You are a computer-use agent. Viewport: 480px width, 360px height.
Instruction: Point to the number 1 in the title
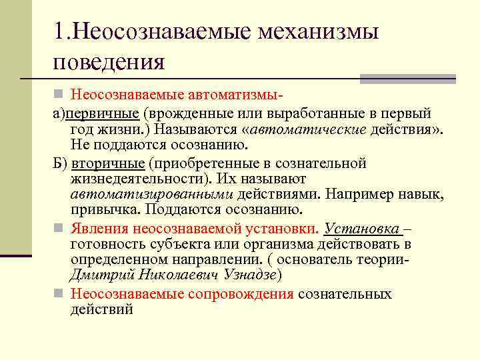(x=61, y=32)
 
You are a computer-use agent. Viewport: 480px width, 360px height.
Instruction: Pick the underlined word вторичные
(x=107, y=163)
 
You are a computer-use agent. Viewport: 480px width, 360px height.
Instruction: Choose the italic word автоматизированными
(x=151, y=195)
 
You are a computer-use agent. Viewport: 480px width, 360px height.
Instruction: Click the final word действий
(x=101, y=309)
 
